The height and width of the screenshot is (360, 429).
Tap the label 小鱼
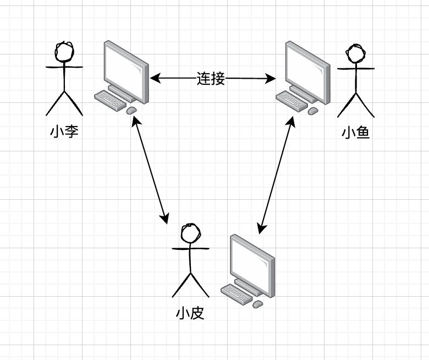(x=355, y=133)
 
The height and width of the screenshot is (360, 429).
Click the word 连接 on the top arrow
(x=211, y=79)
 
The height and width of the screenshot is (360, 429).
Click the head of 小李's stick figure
(x=64, y=52)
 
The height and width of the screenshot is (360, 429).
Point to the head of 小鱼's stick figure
(x=356, y=54)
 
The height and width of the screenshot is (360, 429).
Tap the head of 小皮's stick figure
(x=191, y=233)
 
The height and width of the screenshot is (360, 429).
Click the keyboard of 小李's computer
(x=111, y=100)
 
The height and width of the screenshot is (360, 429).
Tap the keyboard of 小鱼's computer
(x=291, y=100)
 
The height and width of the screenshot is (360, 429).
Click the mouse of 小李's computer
(x=131, y=111)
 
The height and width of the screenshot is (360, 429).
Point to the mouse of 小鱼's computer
(x=312, y=111)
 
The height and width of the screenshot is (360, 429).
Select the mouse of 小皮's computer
(x=257, y=303)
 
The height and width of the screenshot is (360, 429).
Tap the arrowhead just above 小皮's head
(x=164, y=219)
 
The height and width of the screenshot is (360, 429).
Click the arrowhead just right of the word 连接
(x=271, y=79)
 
